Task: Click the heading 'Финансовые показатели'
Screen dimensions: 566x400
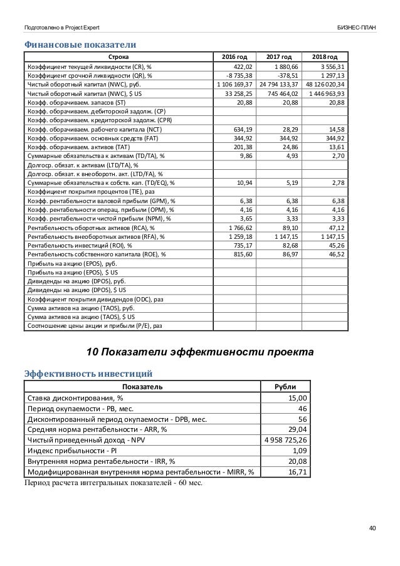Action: point(80,45)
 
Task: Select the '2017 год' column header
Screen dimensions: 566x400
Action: point(277,58)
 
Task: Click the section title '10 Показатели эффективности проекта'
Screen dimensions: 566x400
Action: point(200,349)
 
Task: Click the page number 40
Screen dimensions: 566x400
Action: point(372,528)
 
